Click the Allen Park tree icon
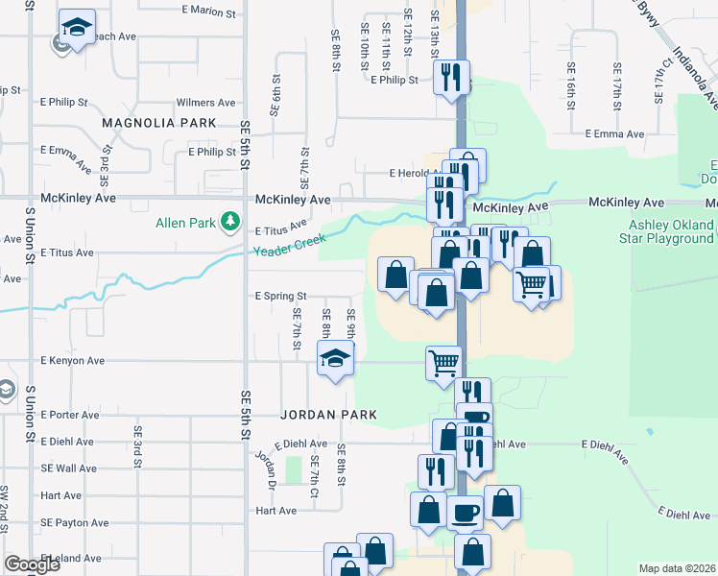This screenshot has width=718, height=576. [x=229, y=223]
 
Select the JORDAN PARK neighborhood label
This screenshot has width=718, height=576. [x=328, y=415]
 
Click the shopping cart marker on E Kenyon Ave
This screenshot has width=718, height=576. [x=443, y=362]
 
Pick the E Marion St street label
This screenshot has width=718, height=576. [x=208, y=13]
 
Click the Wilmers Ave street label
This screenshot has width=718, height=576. [x=205, y=103]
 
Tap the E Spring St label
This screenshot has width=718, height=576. [x=280, y=297]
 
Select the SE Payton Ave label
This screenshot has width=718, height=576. [x=75, y=523]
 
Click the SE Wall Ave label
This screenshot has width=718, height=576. [x=68, y=468]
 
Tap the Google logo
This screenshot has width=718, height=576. [x=32, y=564]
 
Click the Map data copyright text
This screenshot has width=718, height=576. [x=677, y=568]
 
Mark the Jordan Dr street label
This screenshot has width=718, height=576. [x=265, y=468]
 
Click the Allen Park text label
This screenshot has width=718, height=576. [x=186, y=224]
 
